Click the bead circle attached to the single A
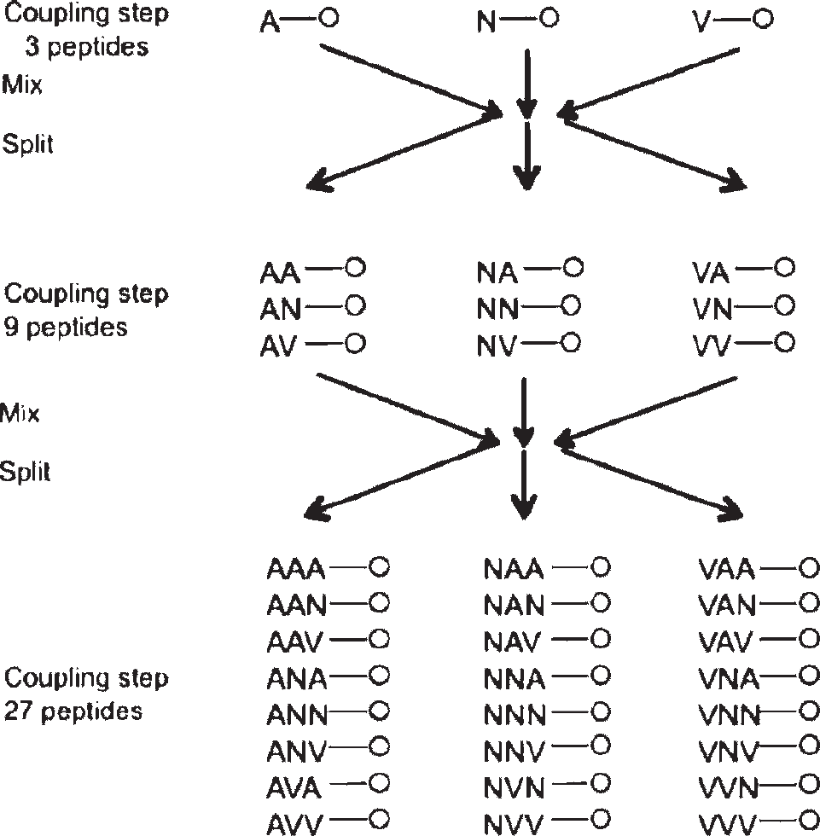tap(329, 18)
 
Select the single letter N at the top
tap(486, 23)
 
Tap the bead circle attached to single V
tap(763, 19)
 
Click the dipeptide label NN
tap(497, 309)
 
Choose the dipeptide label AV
tap(278, 346)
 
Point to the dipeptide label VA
tap(711, 273)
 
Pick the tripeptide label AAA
tap(296, 570)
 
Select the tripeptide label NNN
tap(515, 715)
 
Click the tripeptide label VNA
tap(729, 679)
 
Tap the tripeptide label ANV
tap(296, 751)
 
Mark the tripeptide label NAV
tap(512, 642)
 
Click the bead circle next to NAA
tap(600, 566)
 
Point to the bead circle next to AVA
tap(379, 783)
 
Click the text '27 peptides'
tap(73, 711)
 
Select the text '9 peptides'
tap(66, 328)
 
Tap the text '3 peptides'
tap(87, 47)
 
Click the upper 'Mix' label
tap(22, 84)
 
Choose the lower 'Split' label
tap(25, 471)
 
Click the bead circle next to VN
tap(784, 305)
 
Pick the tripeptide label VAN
tap(727, 606)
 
